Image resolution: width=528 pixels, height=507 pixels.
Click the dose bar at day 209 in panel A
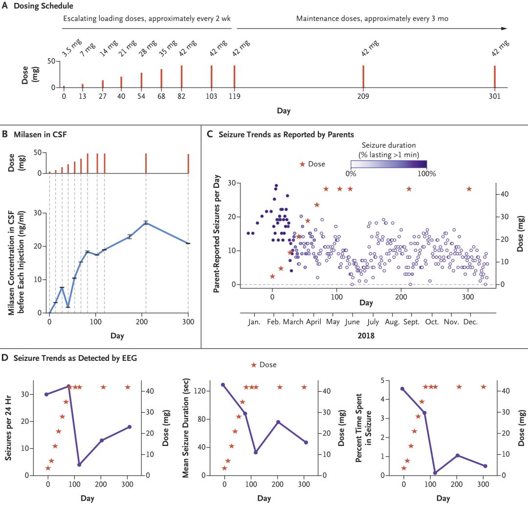tap(363, 76)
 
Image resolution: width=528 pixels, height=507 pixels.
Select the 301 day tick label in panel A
tap(495, 96)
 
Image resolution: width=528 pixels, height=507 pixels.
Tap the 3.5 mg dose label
tap(71, 47)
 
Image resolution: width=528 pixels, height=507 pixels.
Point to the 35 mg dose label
tap(168, 48)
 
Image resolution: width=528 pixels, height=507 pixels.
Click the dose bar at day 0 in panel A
tap(64, 87)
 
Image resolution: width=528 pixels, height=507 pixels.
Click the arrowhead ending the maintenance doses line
tap(504, 28)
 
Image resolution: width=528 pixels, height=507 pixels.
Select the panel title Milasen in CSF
tap(40, 134)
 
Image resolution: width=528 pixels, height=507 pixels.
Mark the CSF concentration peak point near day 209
tap(146, 222)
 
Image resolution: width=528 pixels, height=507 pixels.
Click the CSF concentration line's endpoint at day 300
tap(188, 243)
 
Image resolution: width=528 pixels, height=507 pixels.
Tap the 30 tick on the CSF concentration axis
tap(37, 213)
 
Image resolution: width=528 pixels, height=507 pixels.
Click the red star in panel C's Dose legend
tap(303, 164)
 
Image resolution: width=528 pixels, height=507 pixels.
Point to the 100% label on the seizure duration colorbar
tap(427, 174)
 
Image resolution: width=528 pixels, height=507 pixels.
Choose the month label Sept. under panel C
tap(411, 322)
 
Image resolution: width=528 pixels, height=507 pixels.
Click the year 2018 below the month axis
tap(366, 336)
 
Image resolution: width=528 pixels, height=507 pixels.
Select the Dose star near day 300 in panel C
tap(469, 189)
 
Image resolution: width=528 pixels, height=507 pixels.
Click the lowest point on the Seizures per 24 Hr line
tap(79, 464)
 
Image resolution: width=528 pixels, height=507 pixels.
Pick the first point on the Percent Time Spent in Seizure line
tap(402, 389)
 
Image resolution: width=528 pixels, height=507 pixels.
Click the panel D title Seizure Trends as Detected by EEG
tap(75, 358)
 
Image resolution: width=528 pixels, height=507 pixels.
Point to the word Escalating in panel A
tap(80, 19)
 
